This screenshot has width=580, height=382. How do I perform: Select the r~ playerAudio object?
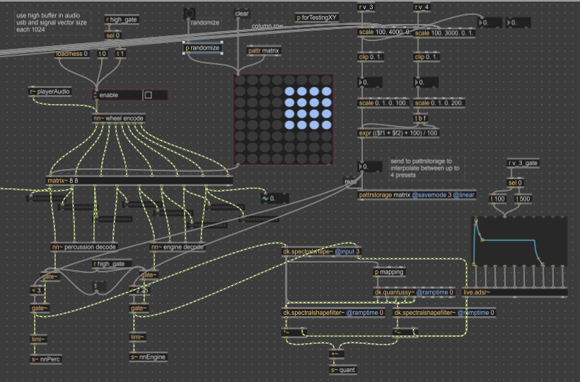tap(50, 92)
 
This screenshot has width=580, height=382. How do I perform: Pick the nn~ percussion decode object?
tap(83, 247)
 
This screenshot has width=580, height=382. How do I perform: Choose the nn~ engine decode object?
tap(178, 247)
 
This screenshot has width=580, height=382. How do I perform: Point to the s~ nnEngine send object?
tap(148, 358)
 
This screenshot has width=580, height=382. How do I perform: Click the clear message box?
tap(242, 13)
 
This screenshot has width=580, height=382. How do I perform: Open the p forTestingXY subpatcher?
tap(317, 17)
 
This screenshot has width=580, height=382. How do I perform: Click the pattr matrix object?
tap(263, 51)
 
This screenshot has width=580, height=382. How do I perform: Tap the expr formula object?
tap(398, 133)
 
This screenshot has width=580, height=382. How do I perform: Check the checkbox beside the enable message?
tap(149, 95)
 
